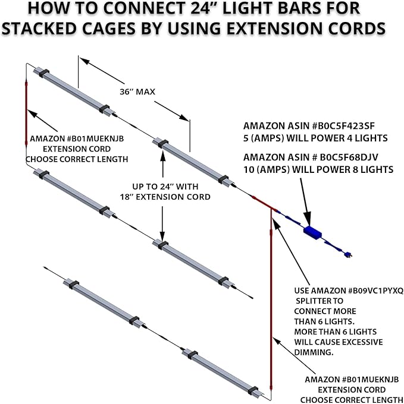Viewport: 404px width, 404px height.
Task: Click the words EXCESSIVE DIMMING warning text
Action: click(338, 347)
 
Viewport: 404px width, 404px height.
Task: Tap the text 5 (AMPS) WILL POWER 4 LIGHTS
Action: click(315, 138)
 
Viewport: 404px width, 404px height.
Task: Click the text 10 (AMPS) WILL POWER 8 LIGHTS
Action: click(318, 169)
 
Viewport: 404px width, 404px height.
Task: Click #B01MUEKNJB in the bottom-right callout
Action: click(356, 379)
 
